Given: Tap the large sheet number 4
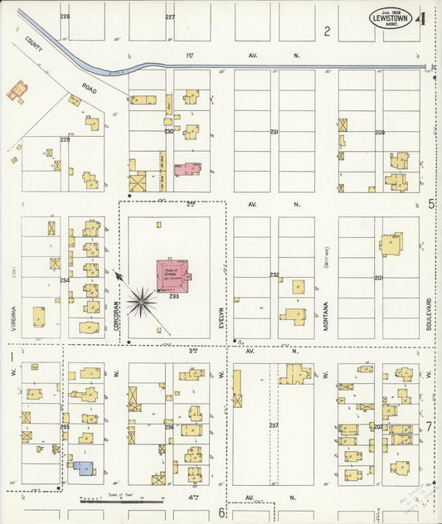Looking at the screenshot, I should coord(424,17).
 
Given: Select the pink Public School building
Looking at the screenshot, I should coord(173,274).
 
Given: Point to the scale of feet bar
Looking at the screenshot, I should coord(122,501).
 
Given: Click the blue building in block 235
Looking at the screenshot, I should coord(83,468).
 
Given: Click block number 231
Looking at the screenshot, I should coord(274,132).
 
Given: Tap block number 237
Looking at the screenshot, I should coord(274,425).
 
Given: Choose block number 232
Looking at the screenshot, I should coord(274,274).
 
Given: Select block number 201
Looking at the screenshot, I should coord(379,278).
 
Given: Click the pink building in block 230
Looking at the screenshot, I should coord(187,169).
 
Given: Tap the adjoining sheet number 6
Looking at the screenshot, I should coord(221,513).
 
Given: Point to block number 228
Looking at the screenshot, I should coord(65,17).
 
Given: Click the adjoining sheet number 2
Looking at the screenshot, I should coord(328,32).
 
